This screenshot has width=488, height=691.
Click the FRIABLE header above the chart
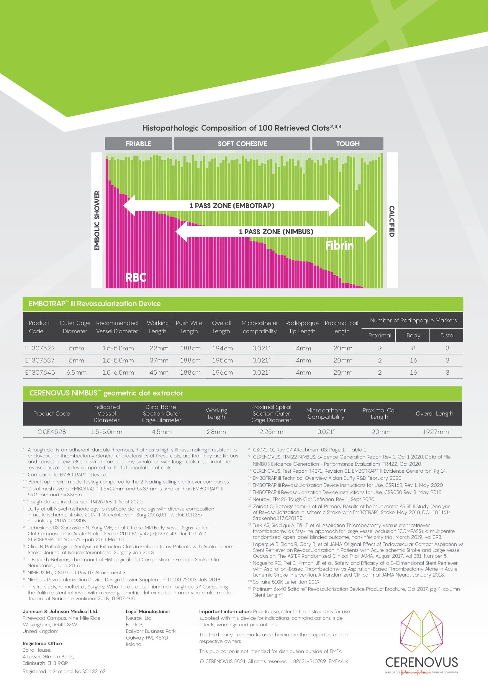(138, 144)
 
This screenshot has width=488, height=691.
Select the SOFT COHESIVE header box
(242, 144)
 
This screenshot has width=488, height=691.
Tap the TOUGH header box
(348, 144)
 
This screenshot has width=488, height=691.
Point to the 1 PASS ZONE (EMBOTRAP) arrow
(232, 206)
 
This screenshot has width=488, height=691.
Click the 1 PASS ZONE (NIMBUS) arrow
(276, 231)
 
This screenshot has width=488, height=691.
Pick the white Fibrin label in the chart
(340, 245)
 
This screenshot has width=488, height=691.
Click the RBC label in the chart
(136, 277)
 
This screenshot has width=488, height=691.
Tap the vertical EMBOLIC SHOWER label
(97, 220)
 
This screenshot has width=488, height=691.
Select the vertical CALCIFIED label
(392, 221)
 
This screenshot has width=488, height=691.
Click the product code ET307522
(40, 348)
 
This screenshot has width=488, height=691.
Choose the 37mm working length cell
(159, 360)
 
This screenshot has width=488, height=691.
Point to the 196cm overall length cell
(222, 372)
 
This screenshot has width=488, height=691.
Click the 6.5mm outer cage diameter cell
(77, 372)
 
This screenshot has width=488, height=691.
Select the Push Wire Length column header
(189, 327)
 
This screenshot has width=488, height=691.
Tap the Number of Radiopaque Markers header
(413, 320)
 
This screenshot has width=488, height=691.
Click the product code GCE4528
(52, 432)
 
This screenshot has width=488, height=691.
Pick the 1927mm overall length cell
(435, 432)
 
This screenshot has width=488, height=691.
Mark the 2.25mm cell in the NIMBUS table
(271, 432)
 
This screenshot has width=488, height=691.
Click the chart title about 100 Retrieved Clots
(242, 128)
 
